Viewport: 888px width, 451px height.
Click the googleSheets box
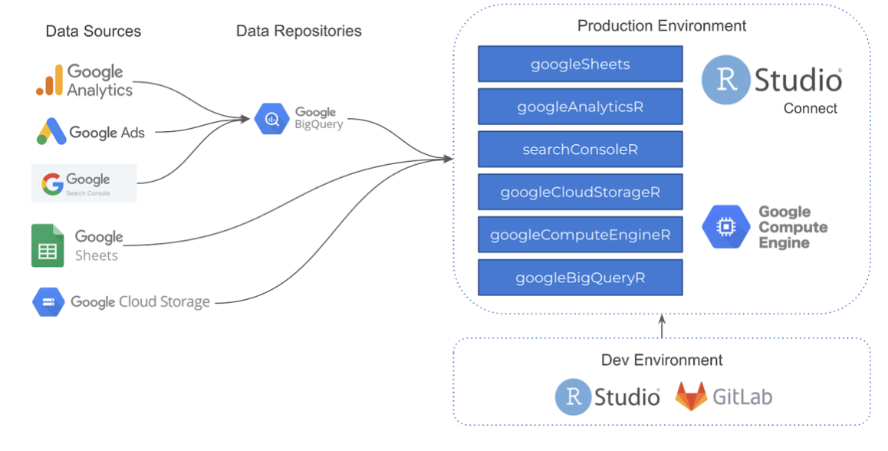(x=580, y=64)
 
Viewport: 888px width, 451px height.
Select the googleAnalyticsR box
(x=580, y=107)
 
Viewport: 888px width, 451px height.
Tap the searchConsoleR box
(x=580, y=149)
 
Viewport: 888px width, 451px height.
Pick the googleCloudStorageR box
(x=580, y=192)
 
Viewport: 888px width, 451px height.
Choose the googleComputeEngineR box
(x=580, y=235)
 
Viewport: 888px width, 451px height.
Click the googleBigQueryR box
(x=580, y=277)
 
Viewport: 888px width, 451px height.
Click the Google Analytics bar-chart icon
(x=49, y=81)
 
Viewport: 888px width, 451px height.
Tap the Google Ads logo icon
(x=51, y=132)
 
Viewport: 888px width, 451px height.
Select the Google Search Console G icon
(x=52, y=184)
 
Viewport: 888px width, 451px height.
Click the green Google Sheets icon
(x=48, y=245)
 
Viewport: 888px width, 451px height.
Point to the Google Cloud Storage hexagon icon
(x=47, y=301)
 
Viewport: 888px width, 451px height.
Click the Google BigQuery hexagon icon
(x=271, y=120)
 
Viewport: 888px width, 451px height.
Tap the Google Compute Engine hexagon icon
(x=725, y=227)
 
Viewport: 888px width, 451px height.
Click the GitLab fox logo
(x=691, y=397)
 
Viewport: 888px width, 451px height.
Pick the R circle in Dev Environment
(x=573, y=397)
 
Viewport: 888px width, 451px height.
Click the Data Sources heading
(x=94, y=31)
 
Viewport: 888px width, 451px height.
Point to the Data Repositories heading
(x=298, y=31)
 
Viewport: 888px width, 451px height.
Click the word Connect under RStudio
(x=810, y=108)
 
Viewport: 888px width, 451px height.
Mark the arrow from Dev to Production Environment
(x=662, y=326)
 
